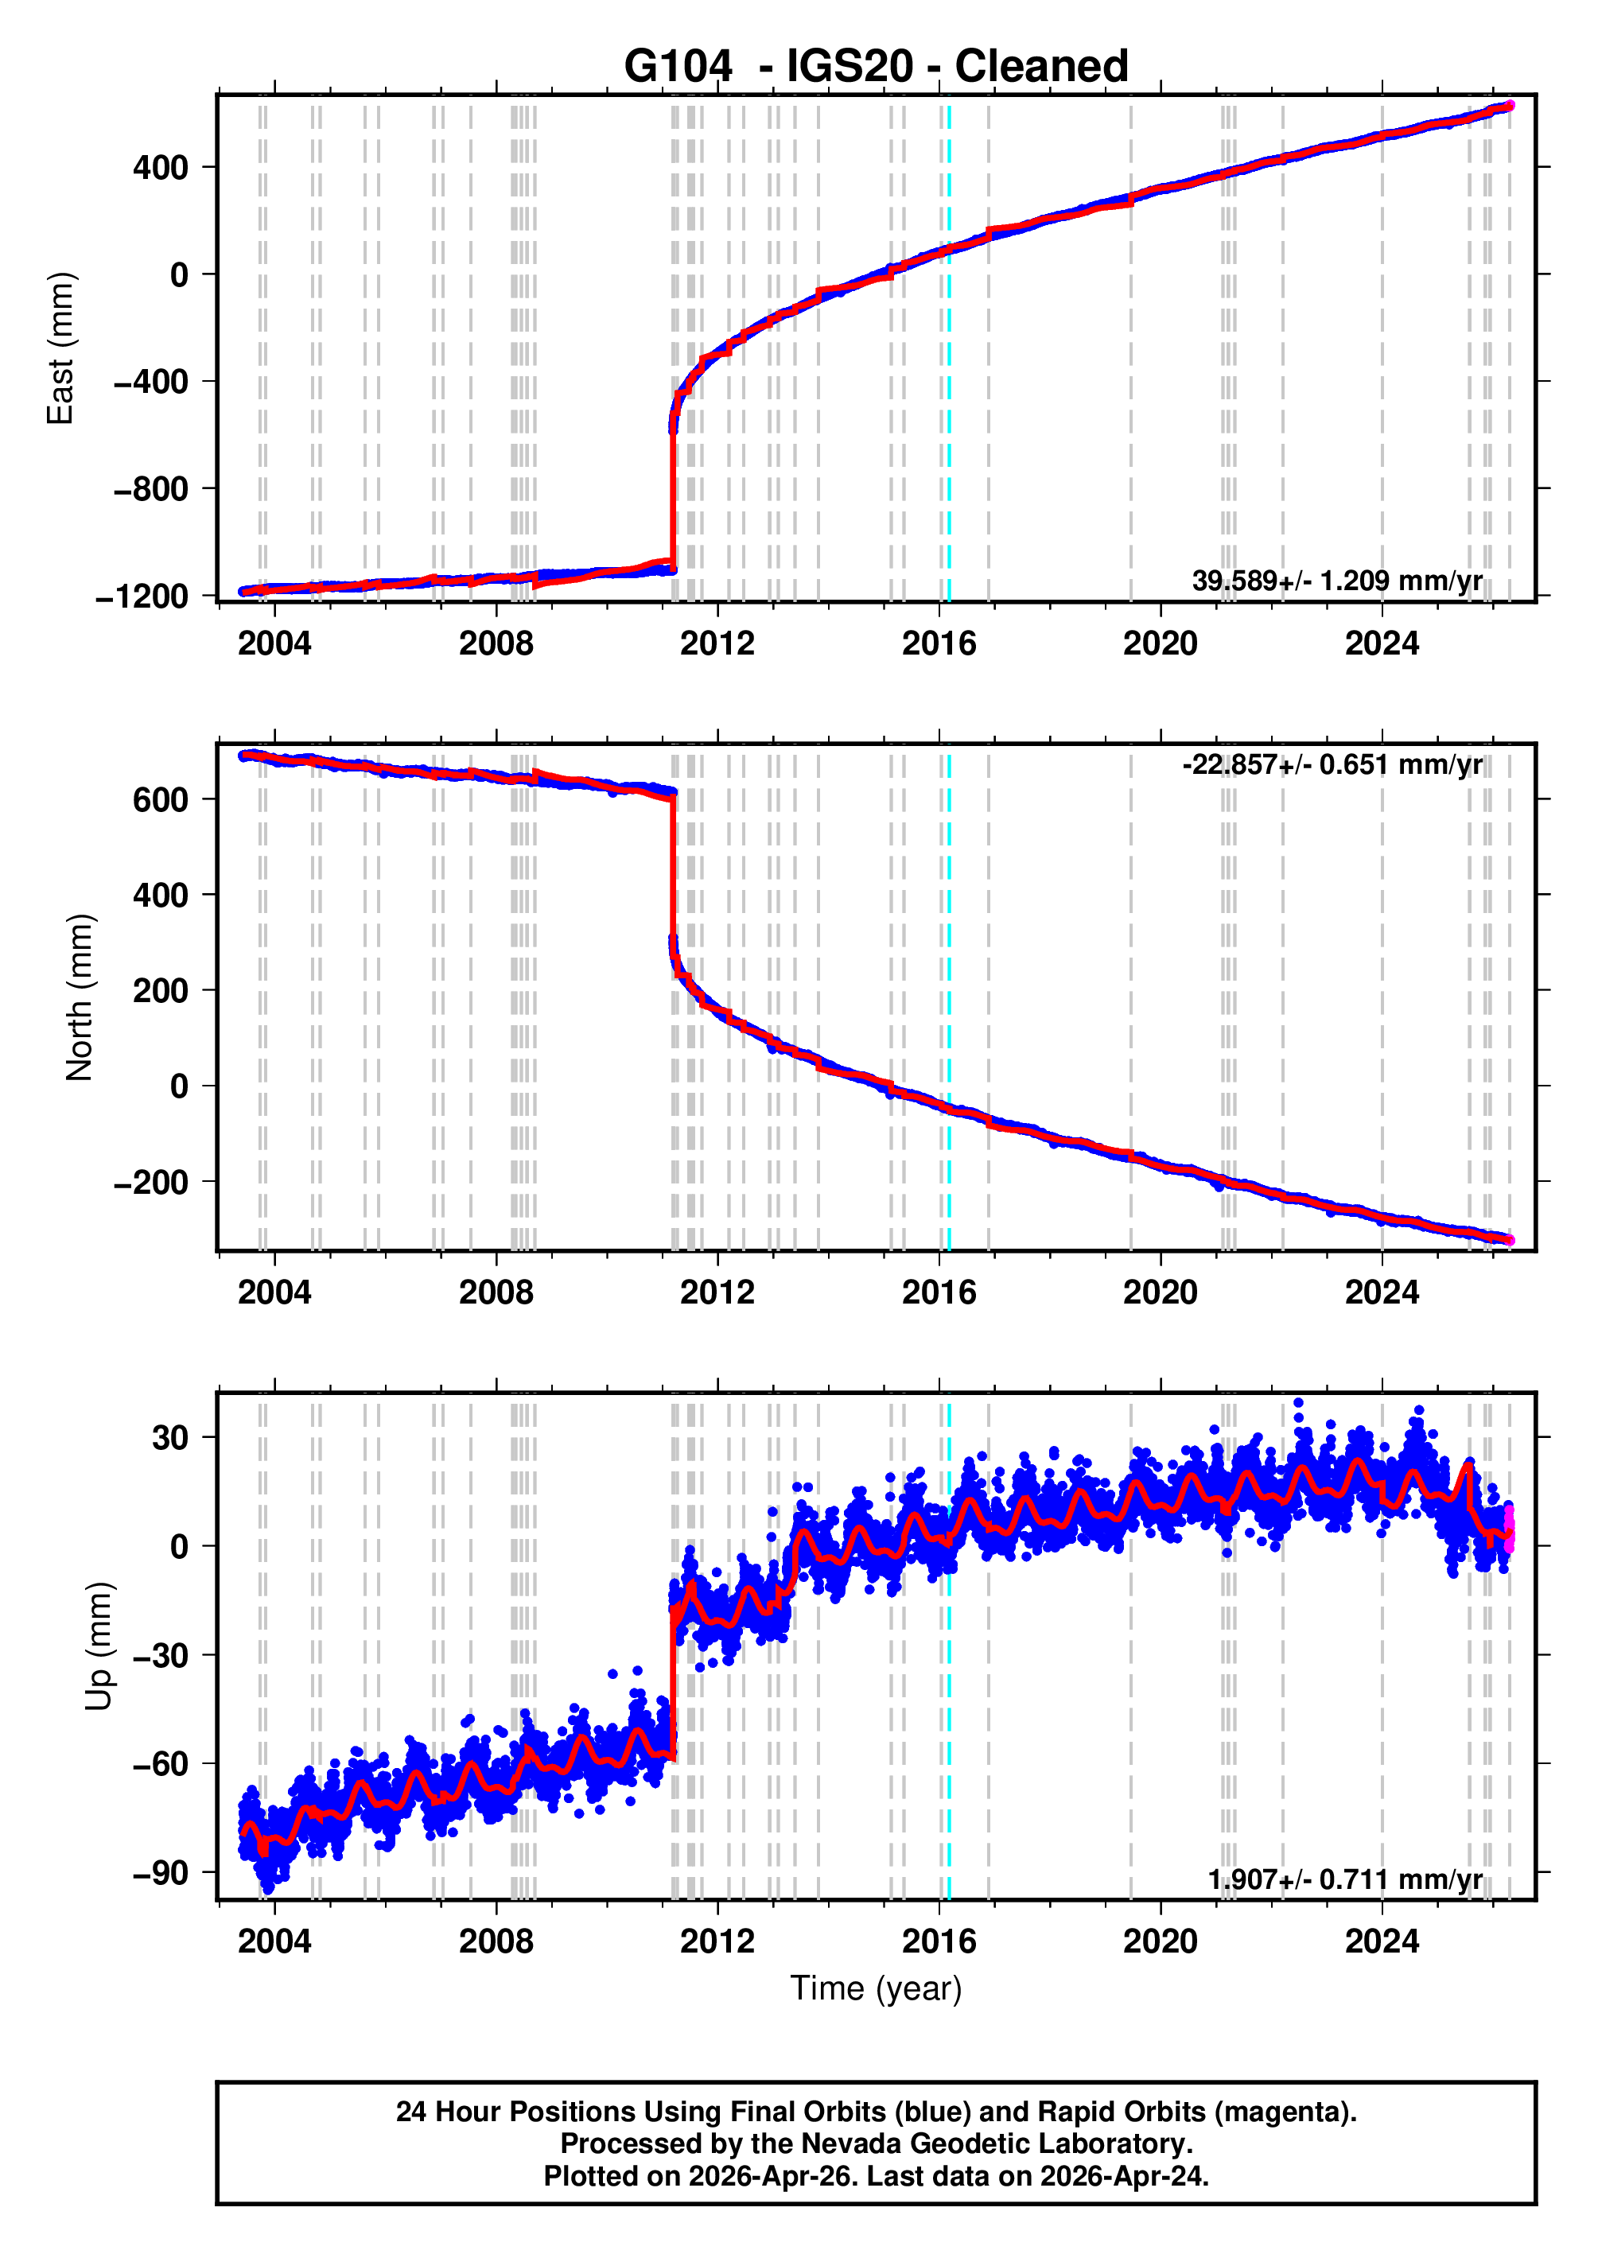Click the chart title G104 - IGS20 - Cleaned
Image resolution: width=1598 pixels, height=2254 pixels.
click(876, 66)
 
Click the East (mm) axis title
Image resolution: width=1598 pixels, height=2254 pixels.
click(61, 348)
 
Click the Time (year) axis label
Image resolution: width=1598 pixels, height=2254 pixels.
click(876, 1988)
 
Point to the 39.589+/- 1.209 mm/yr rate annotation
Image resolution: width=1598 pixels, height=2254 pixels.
click(1336, 581)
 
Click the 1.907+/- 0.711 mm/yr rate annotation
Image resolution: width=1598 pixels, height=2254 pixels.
click(1344, 1879)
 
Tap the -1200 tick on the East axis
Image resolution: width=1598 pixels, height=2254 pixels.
click(142, 597)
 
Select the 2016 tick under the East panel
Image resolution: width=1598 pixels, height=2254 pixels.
click(939, 643)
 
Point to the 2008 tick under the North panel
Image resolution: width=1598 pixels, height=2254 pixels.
click(496, 1292)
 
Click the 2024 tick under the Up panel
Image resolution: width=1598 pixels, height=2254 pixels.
click(1382, 1941)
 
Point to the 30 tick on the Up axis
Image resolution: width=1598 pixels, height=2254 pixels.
click(169, 1437)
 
